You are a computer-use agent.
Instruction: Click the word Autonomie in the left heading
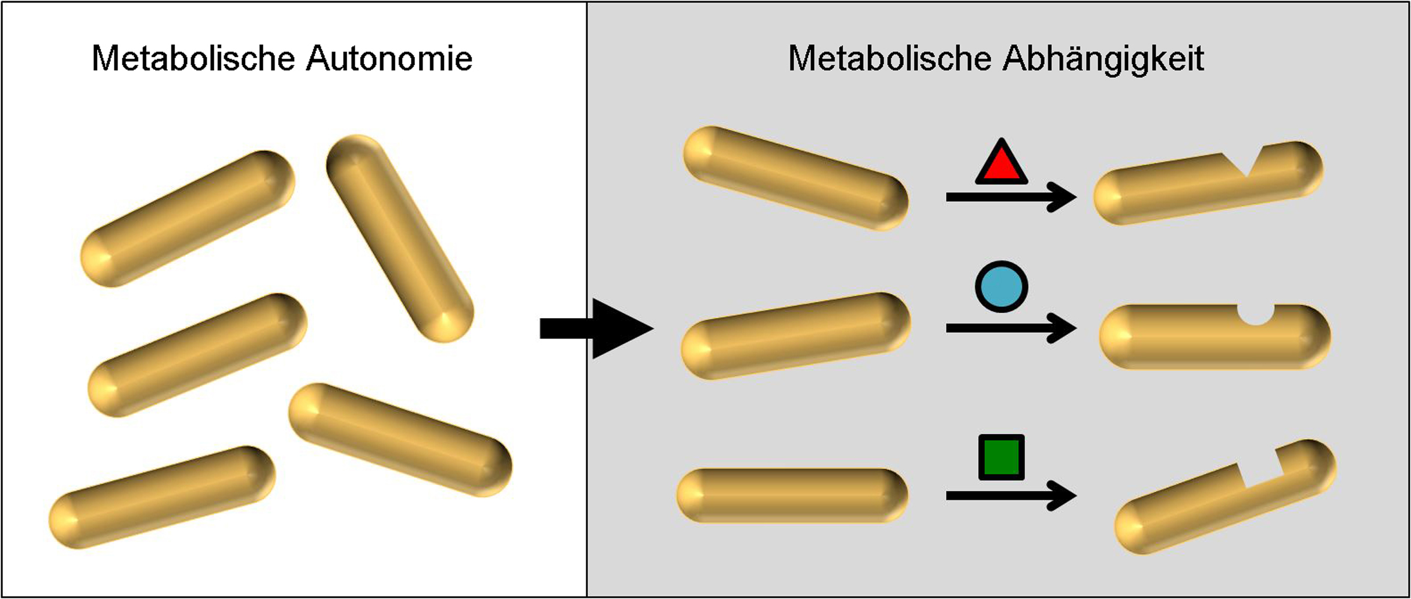coord(389,59)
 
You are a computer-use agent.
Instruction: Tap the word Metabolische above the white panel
coord(193,59)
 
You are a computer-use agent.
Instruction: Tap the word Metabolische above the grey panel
coord(890,59)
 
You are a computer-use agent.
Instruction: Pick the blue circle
coord(1001,287)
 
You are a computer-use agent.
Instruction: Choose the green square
coord(1001,457)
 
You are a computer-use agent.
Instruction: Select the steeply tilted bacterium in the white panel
coord(400,238)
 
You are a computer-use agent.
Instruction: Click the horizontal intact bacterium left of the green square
coord(792,495)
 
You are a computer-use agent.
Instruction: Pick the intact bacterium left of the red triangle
coord(795,178)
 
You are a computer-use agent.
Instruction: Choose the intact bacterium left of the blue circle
coord(795,335)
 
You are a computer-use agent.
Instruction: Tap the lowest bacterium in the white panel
coord(162,497)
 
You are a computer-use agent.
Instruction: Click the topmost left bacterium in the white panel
coord(188,218)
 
